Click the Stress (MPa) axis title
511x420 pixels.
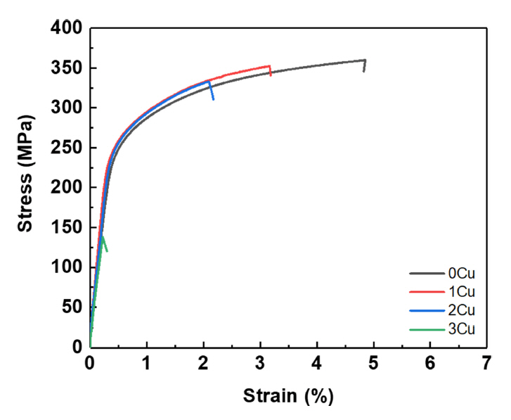tap(25, 186)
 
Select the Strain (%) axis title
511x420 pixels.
tap(288, 396)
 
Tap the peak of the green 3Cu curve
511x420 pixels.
tap(103, 236)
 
